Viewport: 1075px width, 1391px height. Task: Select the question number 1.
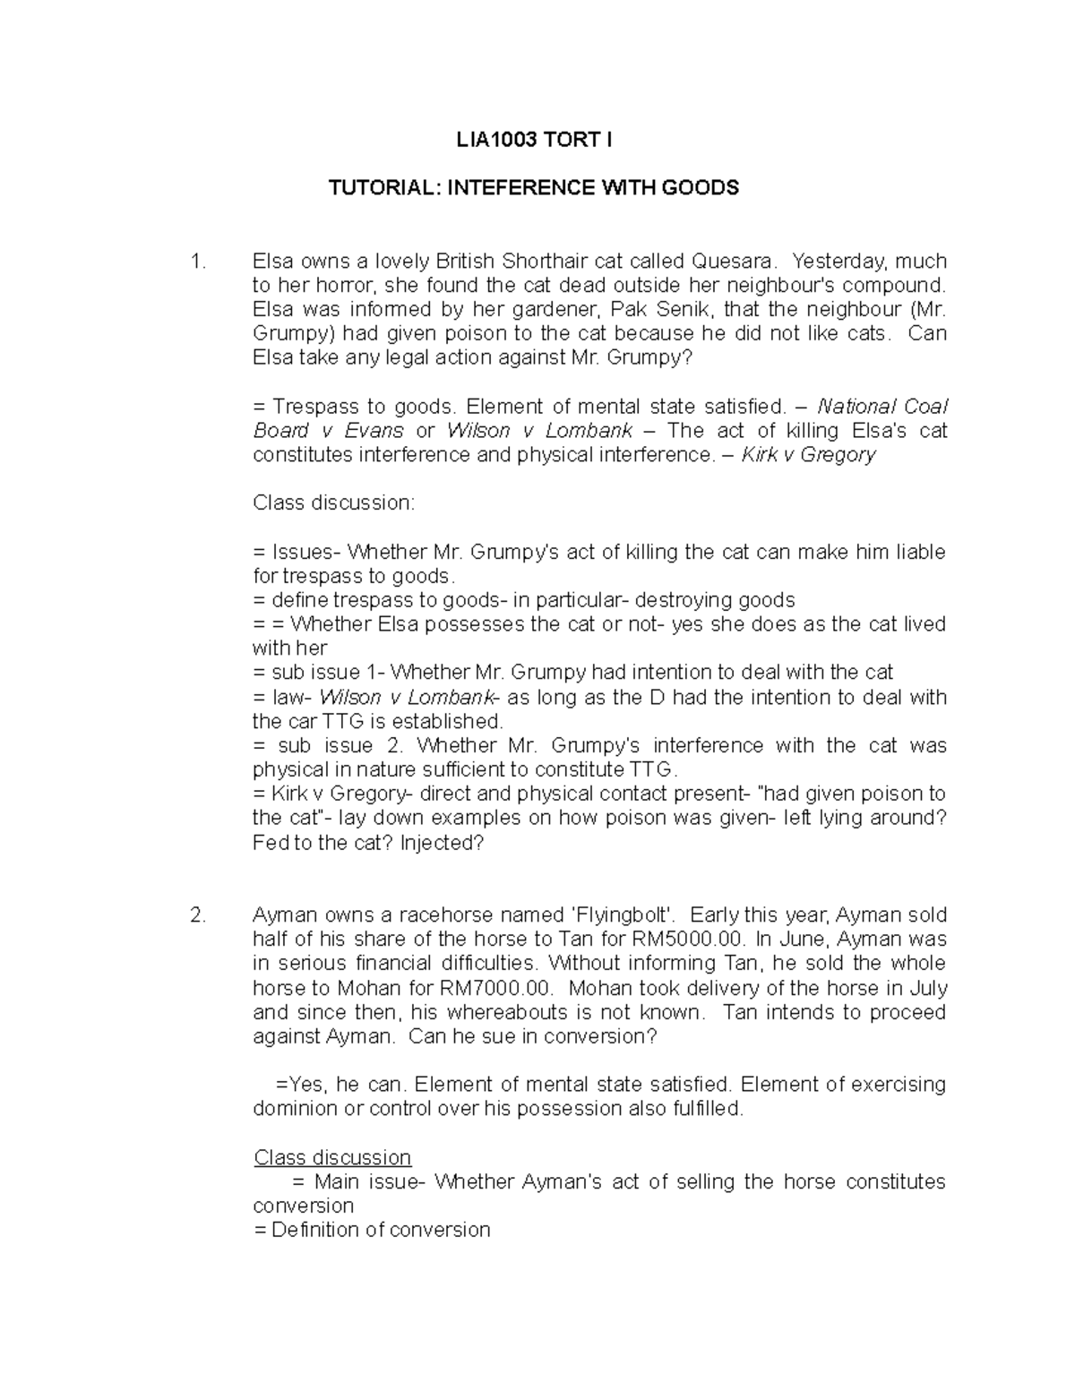point(198,262)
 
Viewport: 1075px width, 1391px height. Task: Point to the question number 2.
point(198,915)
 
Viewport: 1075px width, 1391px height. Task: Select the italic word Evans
point(374,431)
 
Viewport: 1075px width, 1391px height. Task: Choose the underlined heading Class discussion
point(332,1158)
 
